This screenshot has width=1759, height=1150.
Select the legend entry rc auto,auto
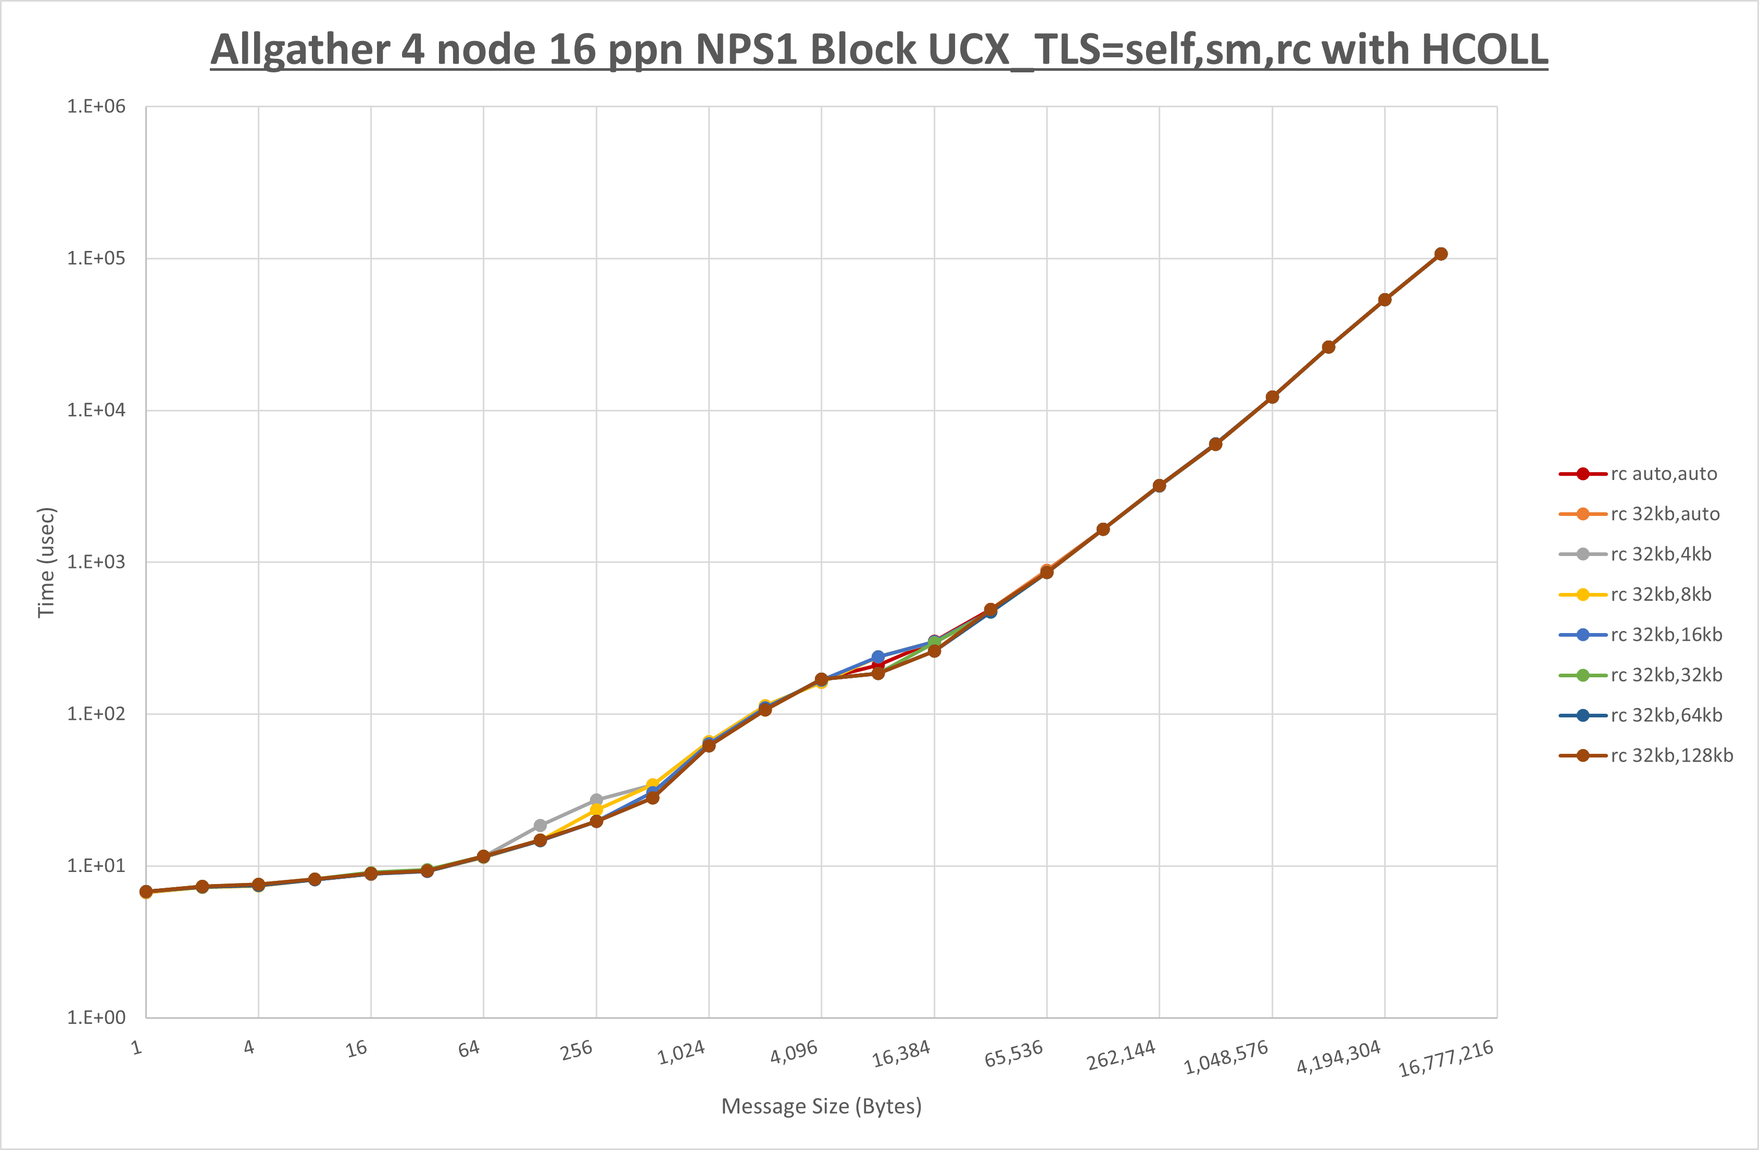pos(1663,474)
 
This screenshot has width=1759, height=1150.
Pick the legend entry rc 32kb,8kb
pos(1660,594)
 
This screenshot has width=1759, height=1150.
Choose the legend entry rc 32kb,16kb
pos(1665,635)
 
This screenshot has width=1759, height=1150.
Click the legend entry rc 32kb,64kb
pos(1665,715)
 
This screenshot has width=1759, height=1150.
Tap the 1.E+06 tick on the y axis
pos(96,106)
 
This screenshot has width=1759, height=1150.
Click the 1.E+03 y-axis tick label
pos(96,562)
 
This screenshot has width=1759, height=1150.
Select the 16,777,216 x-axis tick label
pos(1446,1058)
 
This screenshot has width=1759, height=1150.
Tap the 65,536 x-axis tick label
pos(1013,1053)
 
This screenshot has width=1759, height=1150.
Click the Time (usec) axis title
pos(46,562)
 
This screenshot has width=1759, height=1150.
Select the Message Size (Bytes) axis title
pos(821,1106)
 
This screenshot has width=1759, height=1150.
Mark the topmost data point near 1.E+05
pos(1440,254)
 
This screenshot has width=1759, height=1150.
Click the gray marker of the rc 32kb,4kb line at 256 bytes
pos(596,800)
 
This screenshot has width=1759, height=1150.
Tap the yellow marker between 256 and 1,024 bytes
pos(652,785)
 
